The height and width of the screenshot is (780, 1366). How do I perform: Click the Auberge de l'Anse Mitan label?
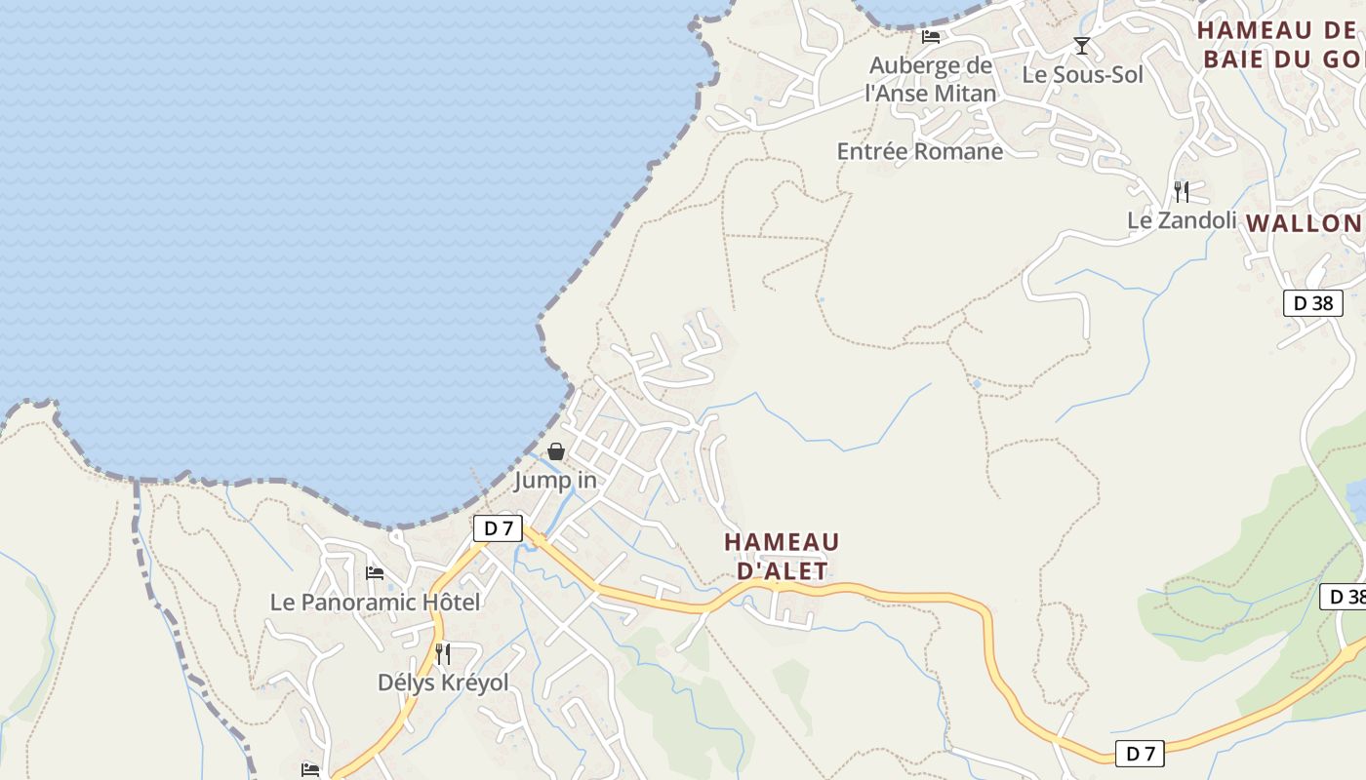[x=931, y=79]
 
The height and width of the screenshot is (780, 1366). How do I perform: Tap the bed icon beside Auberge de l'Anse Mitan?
[x=931, y=37]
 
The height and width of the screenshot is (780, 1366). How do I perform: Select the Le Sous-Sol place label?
[x=1082, y=74]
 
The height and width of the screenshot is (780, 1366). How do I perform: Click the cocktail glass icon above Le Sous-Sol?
[x=1081, y=45]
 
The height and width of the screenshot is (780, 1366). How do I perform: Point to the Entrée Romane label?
[x=919, y=151]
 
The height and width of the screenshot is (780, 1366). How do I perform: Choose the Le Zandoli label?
[x=1182, y=220]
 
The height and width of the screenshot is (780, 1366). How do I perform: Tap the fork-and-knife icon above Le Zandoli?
[x=1181, y=190]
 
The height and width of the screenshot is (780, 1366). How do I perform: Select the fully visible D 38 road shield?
[x=1312, y=303]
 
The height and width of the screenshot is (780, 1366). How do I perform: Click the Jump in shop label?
[x=555, y=480]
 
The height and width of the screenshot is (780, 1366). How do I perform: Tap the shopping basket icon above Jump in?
[x=555, y=451]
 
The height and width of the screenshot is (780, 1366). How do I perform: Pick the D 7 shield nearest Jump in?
[x=498, y=528]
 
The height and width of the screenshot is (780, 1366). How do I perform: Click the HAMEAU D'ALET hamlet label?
[x=782, y=556]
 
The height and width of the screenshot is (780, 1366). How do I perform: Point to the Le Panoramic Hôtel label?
[x=375, y=603]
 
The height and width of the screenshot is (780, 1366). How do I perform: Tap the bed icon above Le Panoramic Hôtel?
[x=375, y=572]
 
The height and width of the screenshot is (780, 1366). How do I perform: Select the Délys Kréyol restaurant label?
[x=443, y=682]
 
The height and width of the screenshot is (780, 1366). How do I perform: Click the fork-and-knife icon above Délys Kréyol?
[x=443, y=653]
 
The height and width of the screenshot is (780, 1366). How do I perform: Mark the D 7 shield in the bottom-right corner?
[x=1140, y=753]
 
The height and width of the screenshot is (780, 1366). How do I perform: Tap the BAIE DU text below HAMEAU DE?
[x=1259, y=58]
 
